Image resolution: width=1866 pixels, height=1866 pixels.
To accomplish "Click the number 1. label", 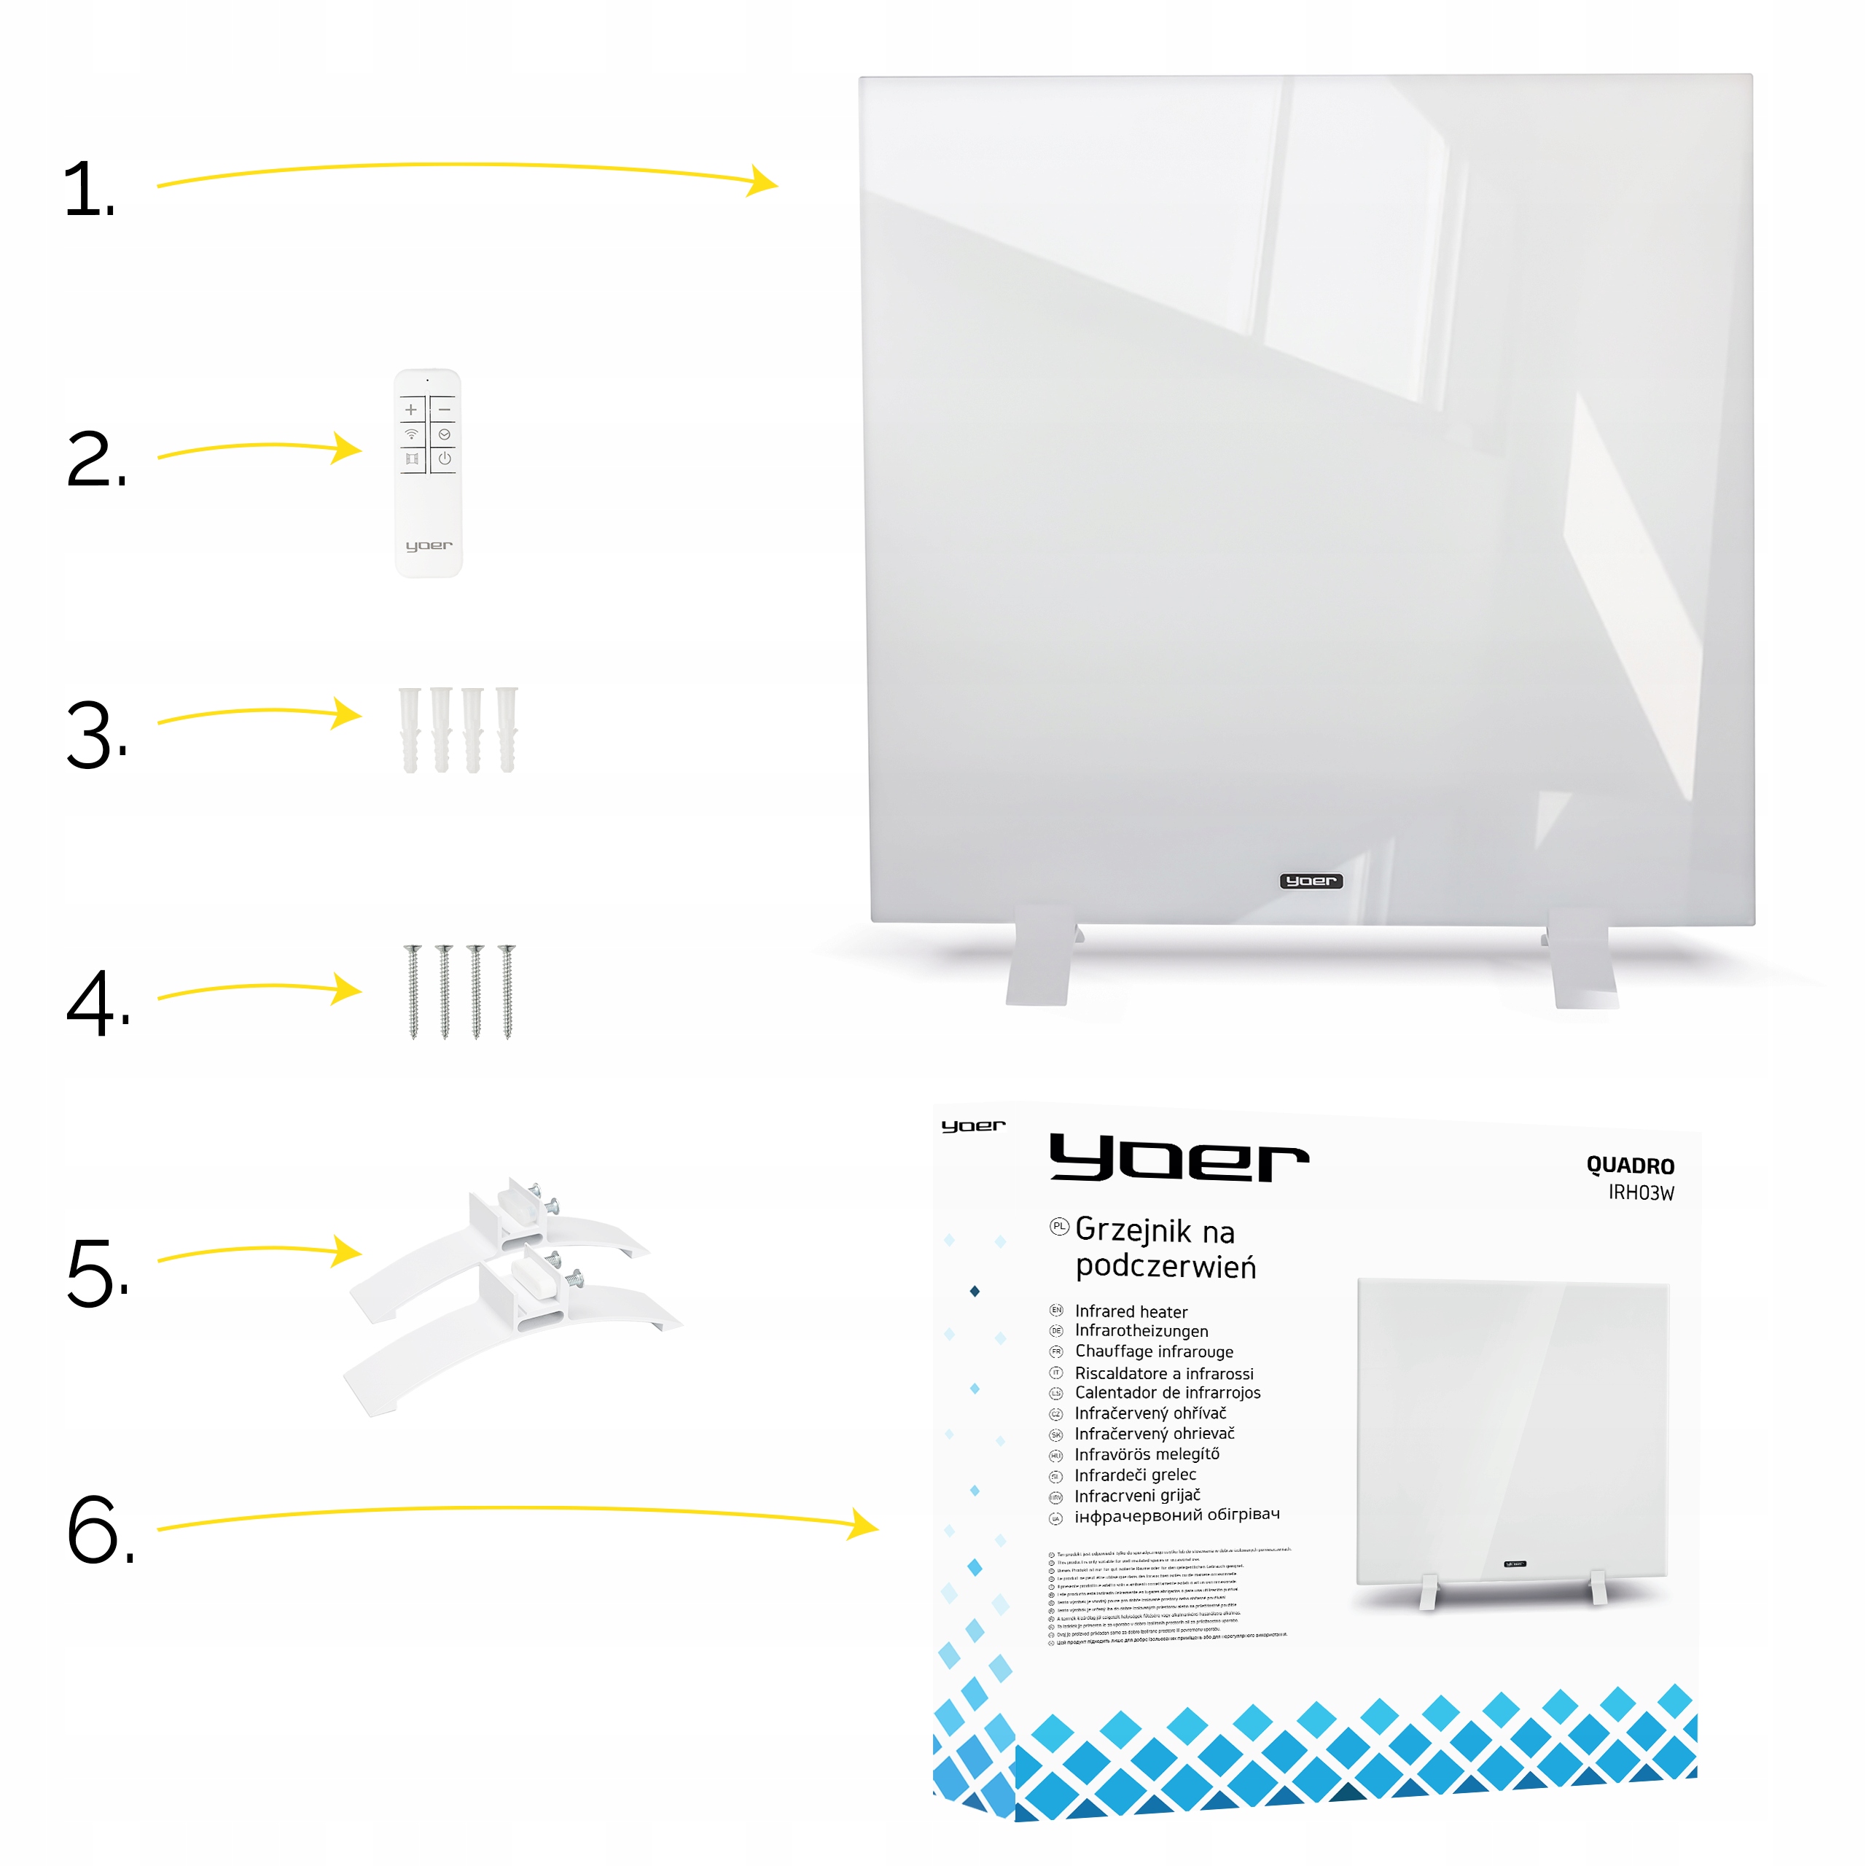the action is (88, 190).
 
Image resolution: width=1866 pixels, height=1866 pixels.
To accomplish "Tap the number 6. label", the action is (99, 1530).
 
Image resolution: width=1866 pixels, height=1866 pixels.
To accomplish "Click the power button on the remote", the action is (445, 458).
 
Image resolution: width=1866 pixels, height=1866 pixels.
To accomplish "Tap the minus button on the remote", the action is (445, 410).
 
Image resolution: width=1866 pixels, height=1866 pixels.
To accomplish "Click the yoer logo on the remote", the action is (429, 546).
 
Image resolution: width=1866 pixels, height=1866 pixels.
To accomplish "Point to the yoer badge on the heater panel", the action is (1311, 881).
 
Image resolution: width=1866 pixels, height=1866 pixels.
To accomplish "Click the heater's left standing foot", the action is (1040, 957).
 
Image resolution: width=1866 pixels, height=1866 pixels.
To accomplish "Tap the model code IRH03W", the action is (1640, 1192).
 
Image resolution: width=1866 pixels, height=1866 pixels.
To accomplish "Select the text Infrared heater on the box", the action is (1131, 1311).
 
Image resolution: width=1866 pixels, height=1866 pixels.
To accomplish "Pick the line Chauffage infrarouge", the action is (1153, 1351).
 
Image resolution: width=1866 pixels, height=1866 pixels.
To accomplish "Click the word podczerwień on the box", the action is (1165, 1266).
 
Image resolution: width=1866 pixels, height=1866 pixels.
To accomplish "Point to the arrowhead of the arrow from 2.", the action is (348, 448).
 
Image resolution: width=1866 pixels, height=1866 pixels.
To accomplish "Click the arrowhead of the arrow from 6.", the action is (864, 1525).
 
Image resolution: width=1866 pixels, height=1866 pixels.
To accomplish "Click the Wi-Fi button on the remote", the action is (411, 434).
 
